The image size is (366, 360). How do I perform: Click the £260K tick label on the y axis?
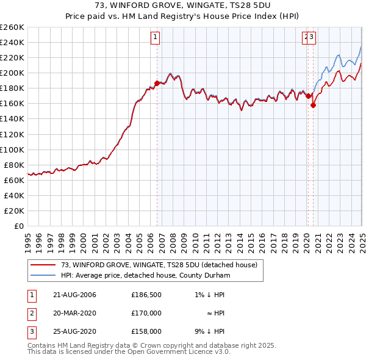[12, 27]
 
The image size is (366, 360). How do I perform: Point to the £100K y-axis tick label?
[12, 149]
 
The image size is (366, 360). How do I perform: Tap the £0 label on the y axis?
[19, 226]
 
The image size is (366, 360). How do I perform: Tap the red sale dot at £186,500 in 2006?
[157, 83]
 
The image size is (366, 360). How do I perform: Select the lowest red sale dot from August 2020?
[313, 105]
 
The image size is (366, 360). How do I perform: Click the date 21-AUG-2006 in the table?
[74, 295]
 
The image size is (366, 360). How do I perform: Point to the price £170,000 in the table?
[146, 313]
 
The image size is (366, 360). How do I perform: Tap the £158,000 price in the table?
[146, 331]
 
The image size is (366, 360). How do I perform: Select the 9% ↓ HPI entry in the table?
[210, 331]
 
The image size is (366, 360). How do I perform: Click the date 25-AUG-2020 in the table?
[74, 331]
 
